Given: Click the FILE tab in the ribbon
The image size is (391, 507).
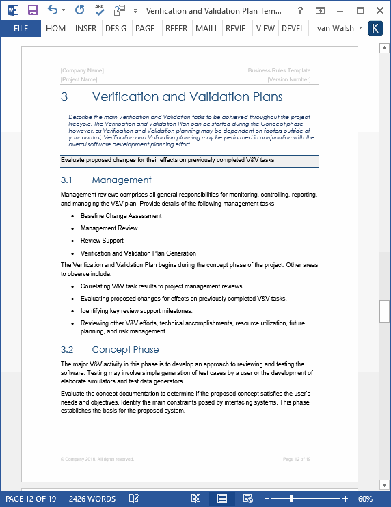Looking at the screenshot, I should [x=21, y=29].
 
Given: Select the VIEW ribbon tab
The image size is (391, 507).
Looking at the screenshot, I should [x=265, y=29].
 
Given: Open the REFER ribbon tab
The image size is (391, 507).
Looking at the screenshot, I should [x=176, y=29].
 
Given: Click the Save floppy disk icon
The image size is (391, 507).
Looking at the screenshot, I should [x=32, y=10].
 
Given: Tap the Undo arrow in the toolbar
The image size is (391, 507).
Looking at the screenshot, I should [x=53, y=10].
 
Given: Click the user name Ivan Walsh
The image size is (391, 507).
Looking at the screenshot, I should [x=334, y=29].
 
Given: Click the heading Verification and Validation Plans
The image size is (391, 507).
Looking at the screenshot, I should [x=187, y=97].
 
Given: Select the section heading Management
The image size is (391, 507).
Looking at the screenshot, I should [x=122, y=180].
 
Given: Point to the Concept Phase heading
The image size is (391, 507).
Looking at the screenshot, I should [x=125, y=350].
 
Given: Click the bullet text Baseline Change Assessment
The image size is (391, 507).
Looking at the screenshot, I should [x=121, y=216].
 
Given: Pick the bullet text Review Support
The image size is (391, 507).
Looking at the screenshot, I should [x=102, y=241].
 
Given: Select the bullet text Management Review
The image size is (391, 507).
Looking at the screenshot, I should [x=109, y=228].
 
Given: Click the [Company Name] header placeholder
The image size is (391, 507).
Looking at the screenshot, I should [x=82, y=70].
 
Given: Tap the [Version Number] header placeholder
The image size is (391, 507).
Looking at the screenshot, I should [x=289, y=79].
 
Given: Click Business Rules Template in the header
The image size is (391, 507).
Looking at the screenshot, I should [x=279, y=70].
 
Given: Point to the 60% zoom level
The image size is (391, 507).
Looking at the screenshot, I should [x=365, y=499].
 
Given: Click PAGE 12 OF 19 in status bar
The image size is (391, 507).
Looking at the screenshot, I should [x=31, y=499].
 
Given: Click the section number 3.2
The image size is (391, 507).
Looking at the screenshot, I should [x=66, y=350].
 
